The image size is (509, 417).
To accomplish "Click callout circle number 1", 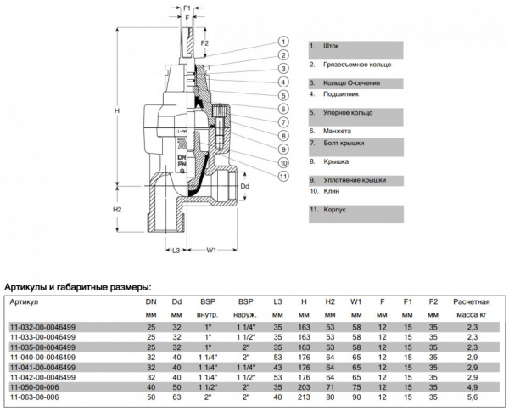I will pyautogui.click(x=281, y=42).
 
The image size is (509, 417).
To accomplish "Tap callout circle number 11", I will pyautogui.click(x=281, y=176).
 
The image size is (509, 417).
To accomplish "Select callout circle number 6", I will pyautogui.click(x=281, y=109).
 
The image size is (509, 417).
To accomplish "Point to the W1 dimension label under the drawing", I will pyautogui.click(x=213, y=251).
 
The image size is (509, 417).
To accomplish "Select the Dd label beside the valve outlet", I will pyautogui.click(x=245, y=184).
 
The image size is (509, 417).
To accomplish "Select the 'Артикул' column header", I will pyautogui.click(x=25, y=301).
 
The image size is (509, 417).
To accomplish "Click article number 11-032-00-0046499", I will pyautogui.click(x=42, y=327).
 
